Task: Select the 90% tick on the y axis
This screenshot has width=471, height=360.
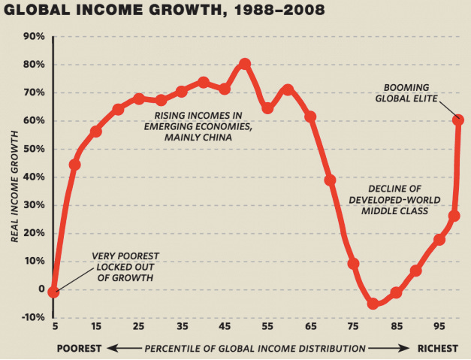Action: pos(35,37)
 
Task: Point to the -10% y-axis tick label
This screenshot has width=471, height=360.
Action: pos(33,317)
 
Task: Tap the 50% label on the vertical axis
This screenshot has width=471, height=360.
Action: pos(35,149)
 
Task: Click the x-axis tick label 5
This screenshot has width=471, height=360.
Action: pos(53,328)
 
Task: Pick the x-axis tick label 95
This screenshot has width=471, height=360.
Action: pos(438,328)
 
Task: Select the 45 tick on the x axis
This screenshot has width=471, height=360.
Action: pos(224,328)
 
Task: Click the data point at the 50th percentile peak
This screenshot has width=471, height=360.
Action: pos(245,65)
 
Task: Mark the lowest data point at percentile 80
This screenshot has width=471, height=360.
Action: pos(373,304)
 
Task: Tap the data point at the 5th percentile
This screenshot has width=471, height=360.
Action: pos(53,292)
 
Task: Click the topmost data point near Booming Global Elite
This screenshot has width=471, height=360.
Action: pos(458,120)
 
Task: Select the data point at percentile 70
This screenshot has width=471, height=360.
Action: pos(330,180)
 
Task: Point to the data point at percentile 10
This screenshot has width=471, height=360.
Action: pos(74,165)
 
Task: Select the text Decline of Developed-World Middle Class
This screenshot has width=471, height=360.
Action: pos(388,199)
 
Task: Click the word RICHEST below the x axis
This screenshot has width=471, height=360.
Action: pos(439,349)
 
